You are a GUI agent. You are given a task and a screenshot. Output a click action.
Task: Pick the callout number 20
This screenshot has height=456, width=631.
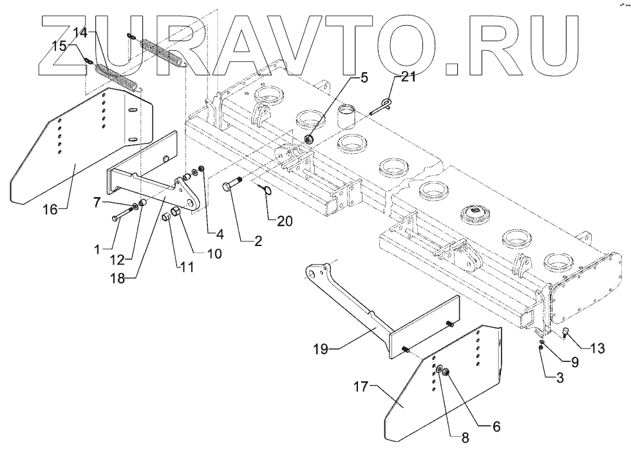(x=285, y=220)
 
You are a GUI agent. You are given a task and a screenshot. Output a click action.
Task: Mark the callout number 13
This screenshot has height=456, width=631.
(x=598, y=350)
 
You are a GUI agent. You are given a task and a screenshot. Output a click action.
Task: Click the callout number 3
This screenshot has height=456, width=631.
(x=559, y=379)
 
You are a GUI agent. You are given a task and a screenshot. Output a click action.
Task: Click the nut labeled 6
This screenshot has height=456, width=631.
(x=446, y=372)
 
